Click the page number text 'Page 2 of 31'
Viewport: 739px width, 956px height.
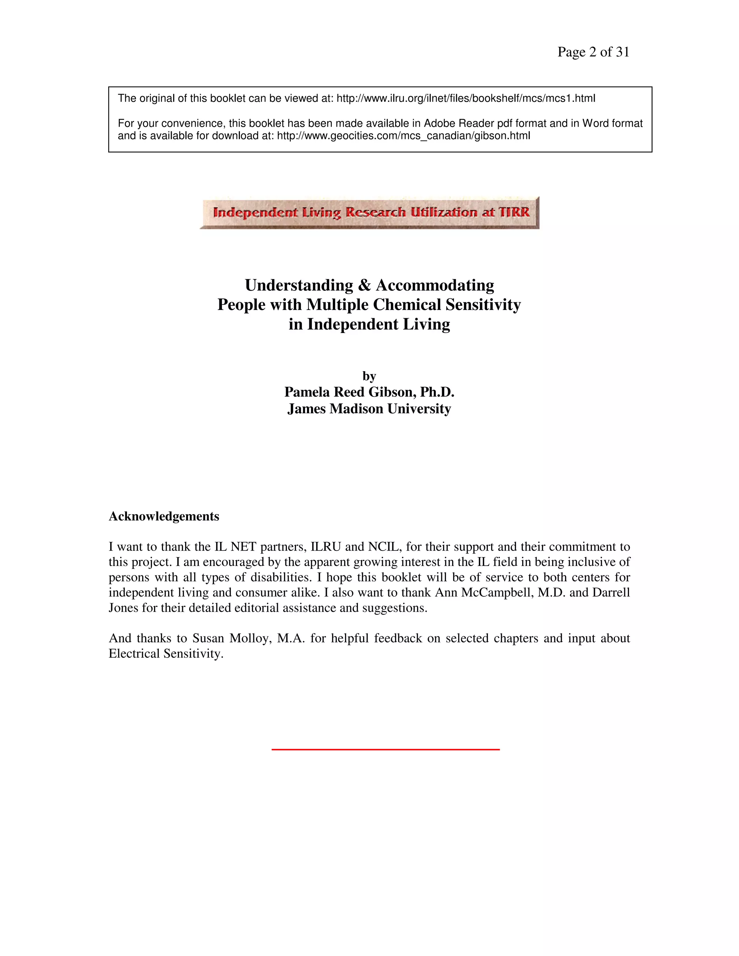tap(593, 52)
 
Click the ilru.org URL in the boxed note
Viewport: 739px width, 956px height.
tap(466, 98)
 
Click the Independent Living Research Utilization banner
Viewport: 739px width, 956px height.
tap(370, 213)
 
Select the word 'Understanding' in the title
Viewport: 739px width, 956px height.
tap(299, 285)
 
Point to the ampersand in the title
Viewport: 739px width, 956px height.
tap(364, 285)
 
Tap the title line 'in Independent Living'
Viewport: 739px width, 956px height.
tap(369, 324)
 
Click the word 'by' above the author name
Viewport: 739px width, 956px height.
tap(369, 376)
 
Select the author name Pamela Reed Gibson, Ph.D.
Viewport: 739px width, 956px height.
tap(369, 392)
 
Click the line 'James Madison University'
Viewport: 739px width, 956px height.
tap(369, 409)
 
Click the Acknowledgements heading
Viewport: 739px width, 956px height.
tap(164, 517)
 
